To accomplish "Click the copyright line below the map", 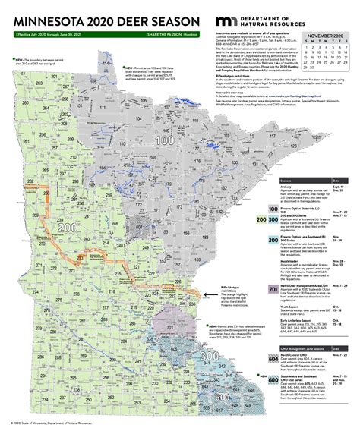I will [53, 424].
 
